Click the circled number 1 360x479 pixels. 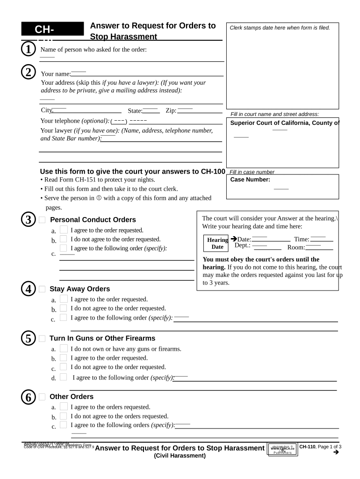pyautogui.click(x=28, y=49)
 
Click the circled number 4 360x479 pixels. pyautogui.click(x=28, y=289)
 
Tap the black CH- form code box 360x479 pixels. pyautogui.click(x=45, y=29)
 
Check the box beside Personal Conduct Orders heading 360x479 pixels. pyautogui.click(x=42, y=220)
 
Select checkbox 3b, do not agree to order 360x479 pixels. pyautogui.click(x=63, y=239)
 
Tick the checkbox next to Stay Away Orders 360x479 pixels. pyautogui.click(x=42, y=289)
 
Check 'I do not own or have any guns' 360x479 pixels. pyautogui.click(x=63, y=348)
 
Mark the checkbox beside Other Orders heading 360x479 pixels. pyautogui.click(x=42, y=397)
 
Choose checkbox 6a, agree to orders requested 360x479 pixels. pyautogui.click(x=63, y=407)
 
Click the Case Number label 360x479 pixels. pyautogui.click(x=250, y=180)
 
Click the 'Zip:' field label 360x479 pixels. pyautogui.click(x=171, y=111)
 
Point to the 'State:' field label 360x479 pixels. pyautogui.click(x=135, y=111)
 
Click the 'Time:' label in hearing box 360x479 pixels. pyautogui.click(x=302, y=239)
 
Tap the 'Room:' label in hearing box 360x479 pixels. pyautogui.click(x=296, y=247)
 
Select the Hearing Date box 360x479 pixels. pyautogui.click(x=217, y=243)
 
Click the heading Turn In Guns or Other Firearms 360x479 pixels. pyautogui.click(x=102, y=338)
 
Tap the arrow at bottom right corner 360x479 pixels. pyautogui.click(x=335, y=452)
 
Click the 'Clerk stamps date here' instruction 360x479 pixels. pyautogui.click(x=280, y=28)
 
